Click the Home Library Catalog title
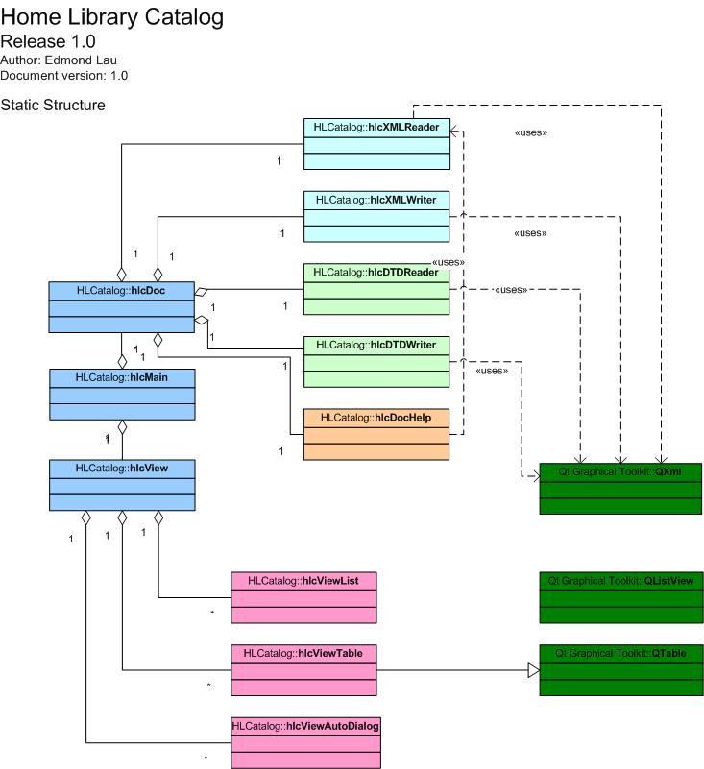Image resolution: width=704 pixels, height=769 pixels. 112,16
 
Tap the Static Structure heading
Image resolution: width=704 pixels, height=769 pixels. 54,104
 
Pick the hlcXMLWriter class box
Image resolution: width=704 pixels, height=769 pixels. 376,215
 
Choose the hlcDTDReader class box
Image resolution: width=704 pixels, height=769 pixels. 376,288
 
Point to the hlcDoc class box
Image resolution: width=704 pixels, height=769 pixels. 121,306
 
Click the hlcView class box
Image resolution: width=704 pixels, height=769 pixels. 121,484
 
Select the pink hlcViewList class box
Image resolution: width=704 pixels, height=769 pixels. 303,596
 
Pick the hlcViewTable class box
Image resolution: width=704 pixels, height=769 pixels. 303,669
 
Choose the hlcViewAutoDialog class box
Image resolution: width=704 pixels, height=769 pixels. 306,742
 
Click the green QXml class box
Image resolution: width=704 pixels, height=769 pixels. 620,488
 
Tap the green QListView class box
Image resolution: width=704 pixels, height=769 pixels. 620,596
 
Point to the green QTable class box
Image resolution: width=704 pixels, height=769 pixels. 620,669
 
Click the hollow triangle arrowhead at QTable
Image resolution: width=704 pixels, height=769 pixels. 533,670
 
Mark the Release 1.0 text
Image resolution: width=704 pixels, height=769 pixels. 48,41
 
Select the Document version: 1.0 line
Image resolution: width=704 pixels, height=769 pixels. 63,75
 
